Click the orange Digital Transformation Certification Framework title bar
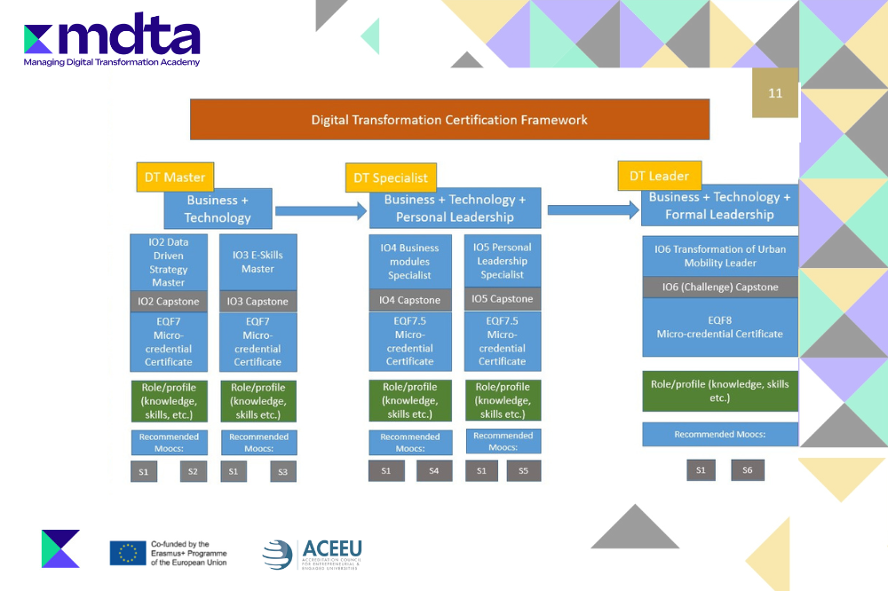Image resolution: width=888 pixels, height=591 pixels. (x=449, y=120)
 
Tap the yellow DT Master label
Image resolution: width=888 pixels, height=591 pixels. (x=175, y=177)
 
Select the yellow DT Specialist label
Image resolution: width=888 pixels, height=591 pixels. (x=391, y=177)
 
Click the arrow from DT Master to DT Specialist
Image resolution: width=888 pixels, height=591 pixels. (x=321, y=210)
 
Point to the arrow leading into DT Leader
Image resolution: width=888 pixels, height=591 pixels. (x=592, y=209)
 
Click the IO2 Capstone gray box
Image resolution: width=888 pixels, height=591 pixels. (x=168, y=301)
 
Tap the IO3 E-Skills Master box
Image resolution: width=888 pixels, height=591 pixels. (x=258, y=262)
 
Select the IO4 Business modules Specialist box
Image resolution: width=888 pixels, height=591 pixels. (x=409, y=261)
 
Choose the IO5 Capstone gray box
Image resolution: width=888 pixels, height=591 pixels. (x=502, y=299)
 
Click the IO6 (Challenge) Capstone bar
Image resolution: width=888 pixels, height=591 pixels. (x=719, y=287)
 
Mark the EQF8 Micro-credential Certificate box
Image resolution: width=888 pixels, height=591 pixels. (x=719, y=327)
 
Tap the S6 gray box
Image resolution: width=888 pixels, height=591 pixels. (x=747, y=470)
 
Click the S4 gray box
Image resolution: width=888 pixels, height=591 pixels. (x=434, y=471)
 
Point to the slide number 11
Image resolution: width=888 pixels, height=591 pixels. (x=775, y=93)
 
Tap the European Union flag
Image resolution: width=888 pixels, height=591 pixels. (x=128, y=552)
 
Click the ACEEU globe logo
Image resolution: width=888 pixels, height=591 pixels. (x=277, y=554)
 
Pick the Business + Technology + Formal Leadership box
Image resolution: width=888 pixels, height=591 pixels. (x=719, y=206)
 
